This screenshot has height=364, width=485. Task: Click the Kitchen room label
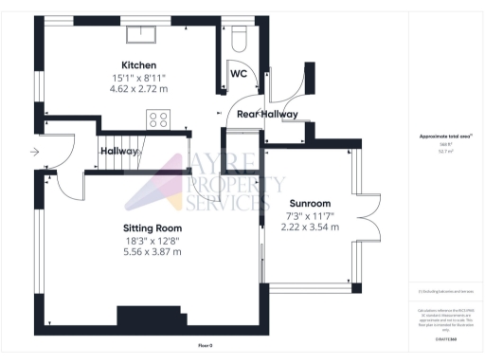tap(138, 65)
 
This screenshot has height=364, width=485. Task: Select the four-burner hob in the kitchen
tap(157, 119)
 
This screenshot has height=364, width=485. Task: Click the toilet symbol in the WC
tap(238, 37)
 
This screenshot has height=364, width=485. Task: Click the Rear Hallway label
tap(267, 114)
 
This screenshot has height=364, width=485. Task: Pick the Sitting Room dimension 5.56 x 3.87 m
tap(152, 252)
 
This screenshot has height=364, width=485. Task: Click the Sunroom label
tap(311, 204)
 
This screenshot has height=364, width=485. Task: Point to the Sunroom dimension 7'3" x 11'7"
tap(311, 216)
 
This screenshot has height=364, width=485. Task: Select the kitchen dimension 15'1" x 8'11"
tap(138, 78)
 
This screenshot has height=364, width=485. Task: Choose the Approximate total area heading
tap(445, 136)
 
